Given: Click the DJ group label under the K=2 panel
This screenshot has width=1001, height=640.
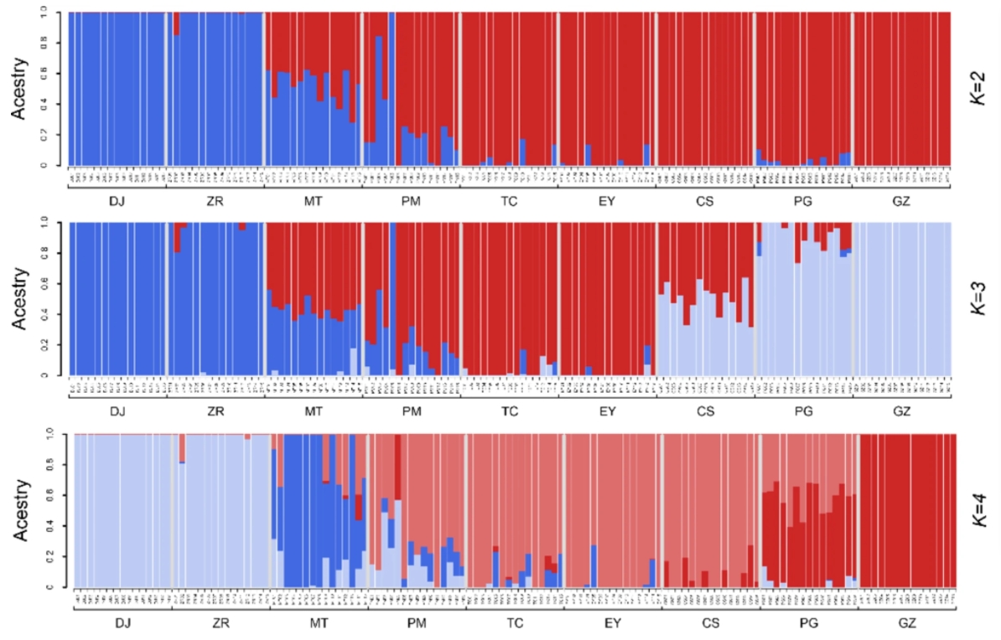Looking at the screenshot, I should pos(117,200).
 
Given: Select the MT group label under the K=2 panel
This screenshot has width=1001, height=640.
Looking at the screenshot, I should pos(314,200).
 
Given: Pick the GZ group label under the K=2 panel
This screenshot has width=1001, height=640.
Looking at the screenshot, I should pos(901,200).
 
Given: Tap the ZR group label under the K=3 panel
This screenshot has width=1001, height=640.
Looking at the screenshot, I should pos(215,411).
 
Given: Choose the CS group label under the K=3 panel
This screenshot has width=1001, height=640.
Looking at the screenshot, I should pos(705,411).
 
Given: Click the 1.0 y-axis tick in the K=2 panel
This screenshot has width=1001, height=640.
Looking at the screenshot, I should pos(55,13).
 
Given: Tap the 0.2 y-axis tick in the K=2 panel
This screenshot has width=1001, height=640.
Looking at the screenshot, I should pos(55,135).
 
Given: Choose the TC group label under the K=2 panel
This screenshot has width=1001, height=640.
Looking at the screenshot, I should pos(509,200).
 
